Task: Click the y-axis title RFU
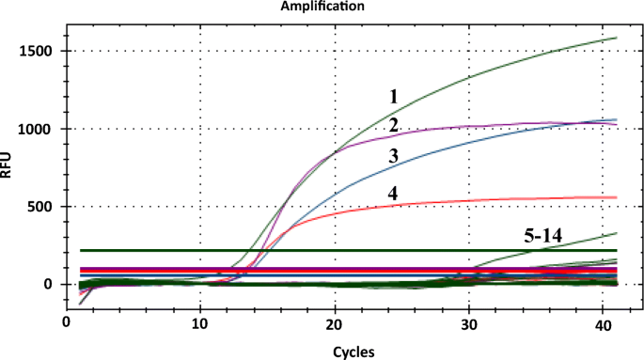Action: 8,167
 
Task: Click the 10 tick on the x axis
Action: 199,322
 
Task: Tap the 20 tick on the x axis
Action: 334,322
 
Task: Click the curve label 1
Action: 395,97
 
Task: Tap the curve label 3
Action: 395,156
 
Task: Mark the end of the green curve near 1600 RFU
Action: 616,38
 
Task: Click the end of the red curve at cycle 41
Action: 616,197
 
